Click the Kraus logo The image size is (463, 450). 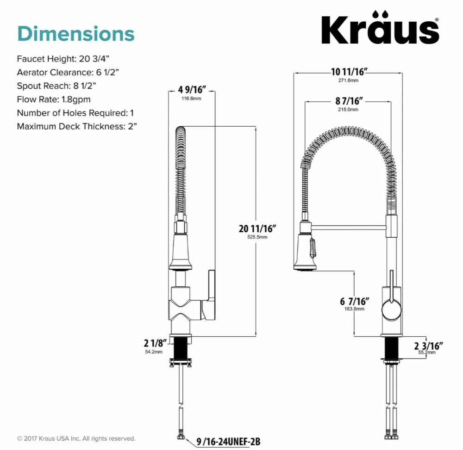(x=380, y=28)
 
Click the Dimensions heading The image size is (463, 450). (x=76, y=34)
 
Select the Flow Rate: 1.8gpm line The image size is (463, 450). (x=54, y=99)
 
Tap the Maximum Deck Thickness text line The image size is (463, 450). (x=77, y=127)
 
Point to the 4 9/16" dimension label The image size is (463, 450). (x=192, y=89)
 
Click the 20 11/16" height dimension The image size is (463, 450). (x=257, y=228)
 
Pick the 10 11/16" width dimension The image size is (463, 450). (x=349, y=72)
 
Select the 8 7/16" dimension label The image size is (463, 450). (x=349, y=101)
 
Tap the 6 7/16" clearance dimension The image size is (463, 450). (x=355, y=302)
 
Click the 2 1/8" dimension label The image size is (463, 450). (x=155, y=343)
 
